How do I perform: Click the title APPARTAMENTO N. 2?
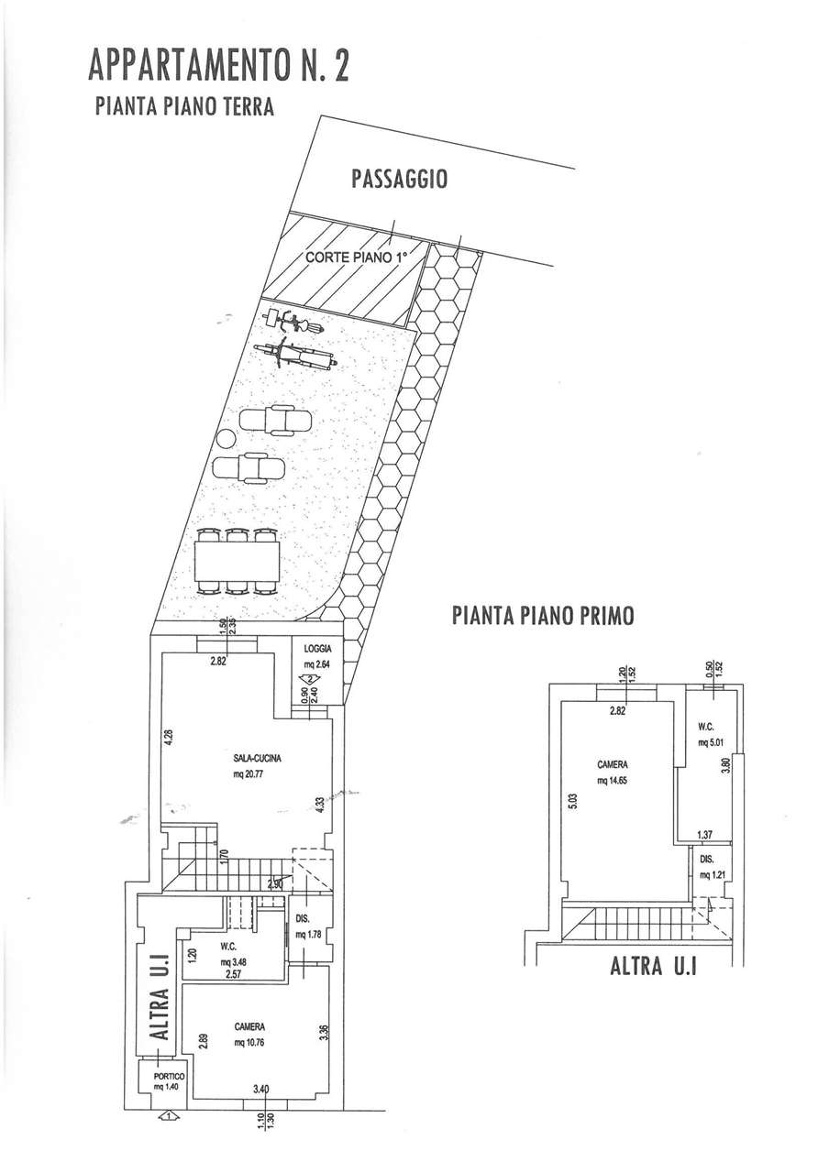pyautogui.click(x=218, y=65)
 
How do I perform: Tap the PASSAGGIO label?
pyautogui.click(x=399, y=179)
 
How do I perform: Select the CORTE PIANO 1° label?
pyautogui.click(x=357, y=258)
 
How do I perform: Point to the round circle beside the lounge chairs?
pyautogui.click(x=225, y=439)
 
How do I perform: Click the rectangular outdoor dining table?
pyautogui.click(x=237, y=561)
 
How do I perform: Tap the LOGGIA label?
pyautogui.click(x=317, y=648)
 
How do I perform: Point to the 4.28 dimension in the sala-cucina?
pyautogui.click(x=168, y=738)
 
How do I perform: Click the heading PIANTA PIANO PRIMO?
pyautogui.click(x=543, y=615)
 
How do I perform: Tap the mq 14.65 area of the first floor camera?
pyautogui.click(x=612, y=780)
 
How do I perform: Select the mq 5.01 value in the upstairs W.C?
pyautogui.click(x=711, y=742)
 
